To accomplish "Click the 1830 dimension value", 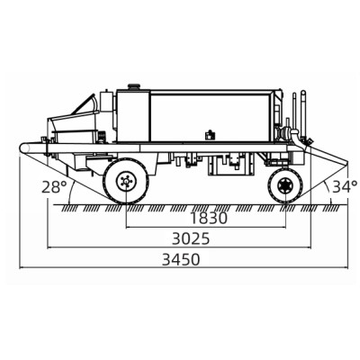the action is pos(209,219).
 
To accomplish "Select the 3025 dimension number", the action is pos(190,239).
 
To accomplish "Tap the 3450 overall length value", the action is pos(181,259).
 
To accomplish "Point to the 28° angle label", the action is pos(54,187).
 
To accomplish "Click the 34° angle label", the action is pos(345,186).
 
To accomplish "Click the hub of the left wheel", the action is pos(126,181).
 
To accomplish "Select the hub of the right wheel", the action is pos(284,186).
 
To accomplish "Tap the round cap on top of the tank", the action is pos(134,86).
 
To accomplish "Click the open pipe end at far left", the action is pos(24,148).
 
